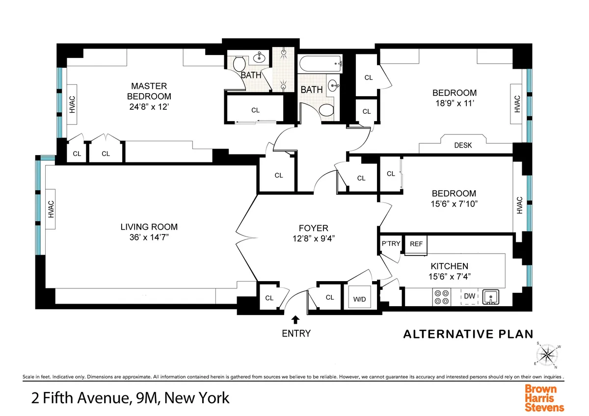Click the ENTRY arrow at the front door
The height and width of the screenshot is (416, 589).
pyautogui.click(x=295, y=320)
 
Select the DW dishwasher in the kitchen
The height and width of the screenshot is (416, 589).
pyautogui.click(x=469, y=296)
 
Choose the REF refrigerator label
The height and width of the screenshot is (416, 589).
pyautogui.click(x=416, y=244)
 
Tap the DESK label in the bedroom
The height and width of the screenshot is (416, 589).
pyautogui.click(x=462, y=145)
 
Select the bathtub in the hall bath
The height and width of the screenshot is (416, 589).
pyautogui.click(x=320, y=63)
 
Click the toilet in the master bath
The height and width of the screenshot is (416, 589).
pyautogui.click(x=239, y=63)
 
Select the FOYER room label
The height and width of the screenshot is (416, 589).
pyautogui.click(x=313, y=228)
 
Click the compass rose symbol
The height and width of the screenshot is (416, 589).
pyautogui.click(x=548, y=354)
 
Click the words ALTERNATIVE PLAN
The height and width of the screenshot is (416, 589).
pyautogui.click(x=468, y=335)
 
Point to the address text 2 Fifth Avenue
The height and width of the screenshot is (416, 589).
pyautogui.click(x=74, y=397)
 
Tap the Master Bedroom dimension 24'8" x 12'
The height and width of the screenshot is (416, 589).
pyautogui.click(x=149, y=106)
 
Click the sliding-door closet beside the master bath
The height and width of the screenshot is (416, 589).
pyautogui.click(x=255, y=110)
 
